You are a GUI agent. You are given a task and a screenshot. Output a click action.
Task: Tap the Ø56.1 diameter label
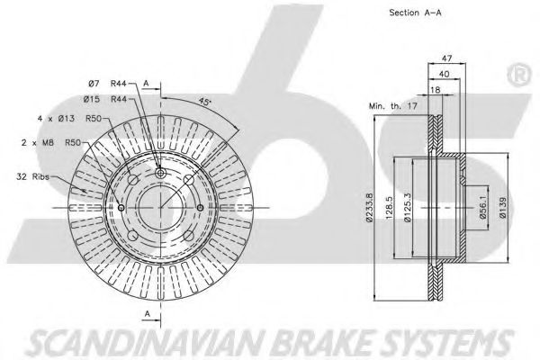482,208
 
